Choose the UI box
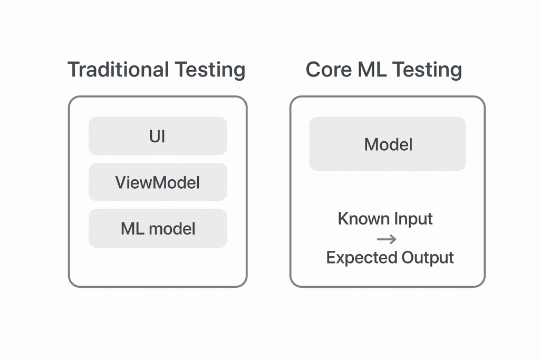pyautogui.click(x=158, y=136)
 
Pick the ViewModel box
pyautogui.click(x=158, y=182)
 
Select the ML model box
pyautogui.click(x=158, y=228)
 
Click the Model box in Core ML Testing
pyautogui.click(x=388, y=144)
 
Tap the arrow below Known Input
pyautogui.click(x=387, y=239)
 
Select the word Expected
pyautogui.click(x=361, y=258)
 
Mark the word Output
pyautogui.click(x=428, y=258)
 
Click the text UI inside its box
pyautogui.click(x=158, y=136)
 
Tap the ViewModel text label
pyautogui.click(x=158, y=182)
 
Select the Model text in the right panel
pyautogui.click(x=388, y=144)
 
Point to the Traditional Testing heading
pyautogui.click(x=157, y=70)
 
